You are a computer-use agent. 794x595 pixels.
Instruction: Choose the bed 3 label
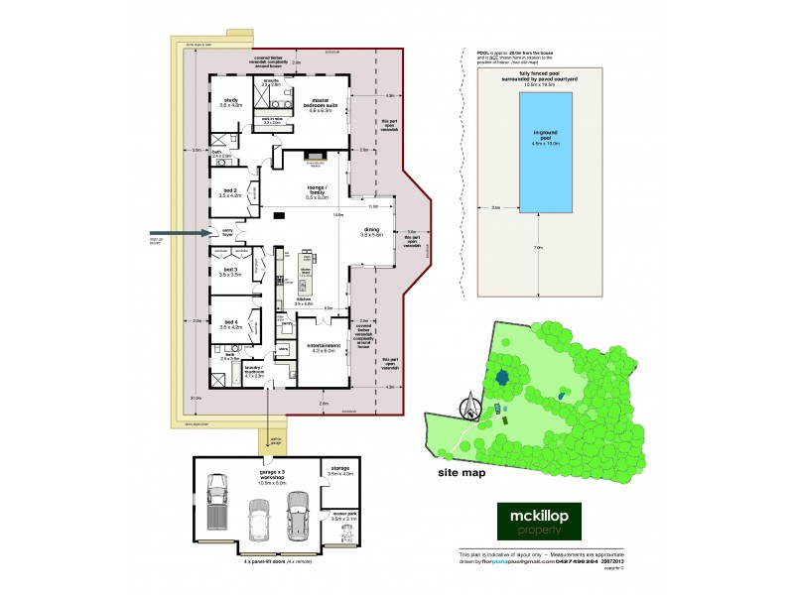click(228, 270)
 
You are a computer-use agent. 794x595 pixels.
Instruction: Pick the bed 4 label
click(228, 322)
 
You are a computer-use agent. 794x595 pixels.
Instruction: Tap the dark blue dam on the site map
click(502, 377)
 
